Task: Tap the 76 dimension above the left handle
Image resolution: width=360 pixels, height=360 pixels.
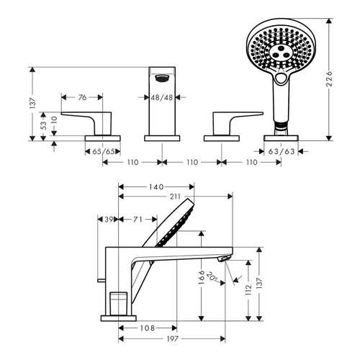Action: click(81, 96)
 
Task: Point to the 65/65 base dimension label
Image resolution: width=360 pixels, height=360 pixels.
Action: click(102, 152)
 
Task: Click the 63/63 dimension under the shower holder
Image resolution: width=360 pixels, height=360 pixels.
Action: click(279, 152)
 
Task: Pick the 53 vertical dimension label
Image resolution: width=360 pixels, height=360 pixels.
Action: click(44, 125)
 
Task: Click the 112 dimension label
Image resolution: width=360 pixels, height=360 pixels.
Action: click(249, 289)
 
